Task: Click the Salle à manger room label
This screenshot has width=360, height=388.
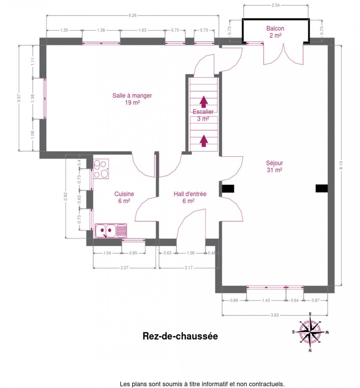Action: point(132,99)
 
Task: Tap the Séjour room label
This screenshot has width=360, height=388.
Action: point(274,166)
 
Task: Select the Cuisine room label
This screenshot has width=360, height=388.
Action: point(124,197)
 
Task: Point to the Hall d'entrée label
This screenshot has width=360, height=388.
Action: point(190,197)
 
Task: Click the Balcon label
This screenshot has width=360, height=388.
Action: point(275,32)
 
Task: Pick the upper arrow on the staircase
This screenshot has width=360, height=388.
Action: point(204,102)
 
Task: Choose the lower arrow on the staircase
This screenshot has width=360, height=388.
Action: point(204,141)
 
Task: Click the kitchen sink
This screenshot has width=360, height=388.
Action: point(111,231)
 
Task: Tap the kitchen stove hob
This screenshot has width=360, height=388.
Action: point(101,168)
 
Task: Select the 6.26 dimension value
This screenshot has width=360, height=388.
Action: point(132,16)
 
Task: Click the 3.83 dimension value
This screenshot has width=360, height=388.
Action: point(275,315)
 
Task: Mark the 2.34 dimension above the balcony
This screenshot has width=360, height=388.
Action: point(276,5)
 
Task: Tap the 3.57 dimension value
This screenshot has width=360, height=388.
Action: point(19,98)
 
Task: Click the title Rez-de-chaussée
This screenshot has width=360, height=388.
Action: point(180,336)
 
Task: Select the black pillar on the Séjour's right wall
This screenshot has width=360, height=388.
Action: point(322,188)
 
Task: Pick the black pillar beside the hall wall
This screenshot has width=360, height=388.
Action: point(228,189)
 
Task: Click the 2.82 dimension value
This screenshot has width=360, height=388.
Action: point(65,196)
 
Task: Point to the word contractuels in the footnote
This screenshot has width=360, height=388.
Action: point(266,384)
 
